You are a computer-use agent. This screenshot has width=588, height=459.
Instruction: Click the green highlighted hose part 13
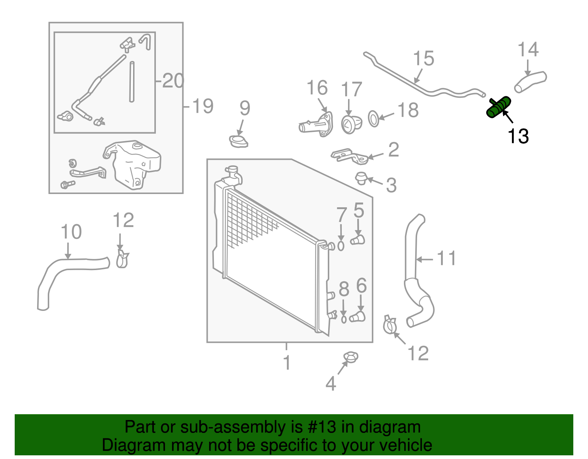[498, 107]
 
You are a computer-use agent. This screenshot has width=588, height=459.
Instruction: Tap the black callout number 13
[518, 136]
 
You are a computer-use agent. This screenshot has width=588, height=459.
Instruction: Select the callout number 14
[528, 50]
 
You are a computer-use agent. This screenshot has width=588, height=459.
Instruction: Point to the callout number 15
[423, 59]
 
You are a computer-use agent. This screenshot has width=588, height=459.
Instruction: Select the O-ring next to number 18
[373, 119]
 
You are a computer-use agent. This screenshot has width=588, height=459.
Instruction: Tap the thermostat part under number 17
[351, 124]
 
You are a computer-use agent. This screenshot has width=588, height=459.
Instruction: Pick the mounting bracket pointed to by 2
[349, 156]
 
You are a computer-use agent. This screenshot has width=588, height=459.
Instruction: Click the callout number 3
[391, 185]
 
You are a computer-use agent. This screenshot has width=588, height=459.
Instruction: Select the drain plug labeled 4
[350, 357]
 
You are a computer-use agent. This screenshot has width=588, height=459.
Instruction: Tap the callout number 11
[447, 258]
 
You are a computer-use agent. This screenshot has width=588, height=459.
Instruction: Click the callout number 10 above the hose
[71, 232]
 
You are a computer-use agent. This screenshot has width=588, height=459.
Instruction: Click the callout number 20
[173, 80]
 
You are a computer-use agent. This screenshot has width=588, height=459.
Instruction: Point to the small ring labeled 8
[344, 319]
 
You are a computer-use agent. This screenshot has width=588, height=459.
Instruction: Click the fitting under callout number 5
[357, 240]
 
